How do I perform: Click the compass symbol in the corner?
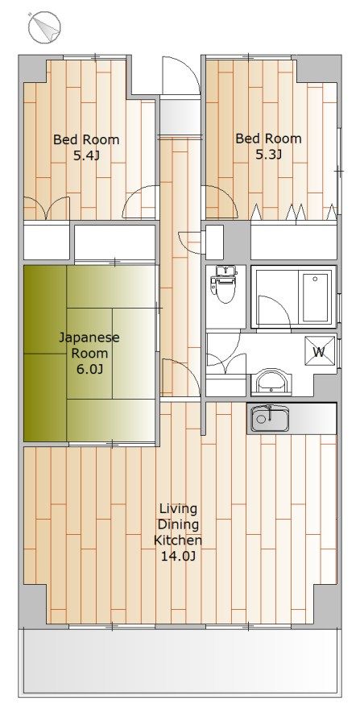tap(45, 27)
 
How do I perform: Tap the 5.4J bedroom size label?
tap(86, 155)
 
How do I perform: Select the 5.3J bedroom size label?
tap(268, 154)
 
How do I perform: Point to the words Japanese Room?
tap(89, 346)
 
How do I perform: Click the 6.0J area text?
tap(89, 370)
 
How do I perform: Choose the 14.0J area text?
tap(178, 556)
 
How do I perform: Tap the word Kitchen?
tap(178, 540)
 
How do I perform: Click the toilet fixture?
tap(224, 284)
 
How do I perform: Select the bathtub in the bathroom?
tap(317, 297)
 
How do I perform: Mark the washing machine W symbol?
tap(319, 352)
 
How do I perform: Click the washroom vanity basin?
tap(271, 382)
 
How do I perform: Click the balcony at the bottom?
tap(180, 661)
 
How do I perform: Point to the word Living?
tap(178, 508)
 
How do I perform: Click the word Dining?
tap(178, 524)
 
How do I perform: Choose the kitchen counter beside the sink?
tap(312, 419)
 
